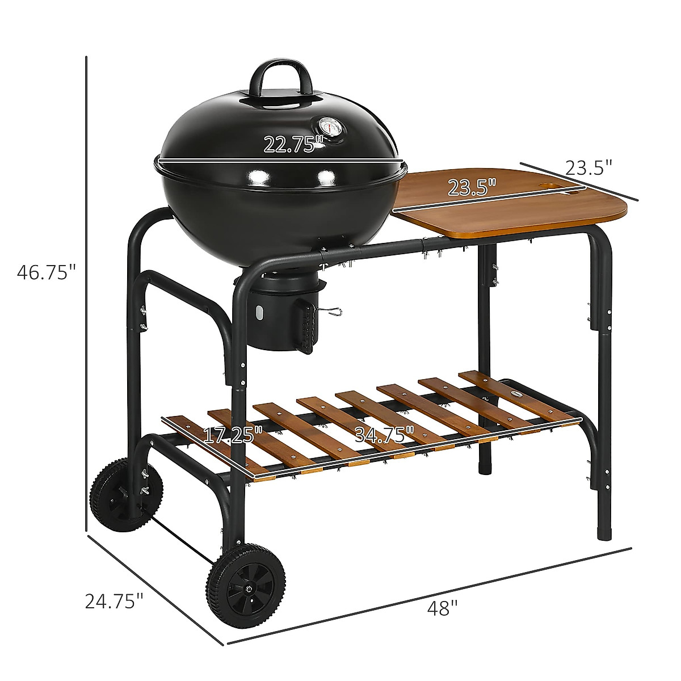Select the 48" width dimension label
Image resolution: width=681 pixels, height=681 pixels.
pos(443,608)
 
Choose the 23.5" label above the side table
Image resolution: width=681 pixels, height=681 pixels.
pos(589,167)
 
